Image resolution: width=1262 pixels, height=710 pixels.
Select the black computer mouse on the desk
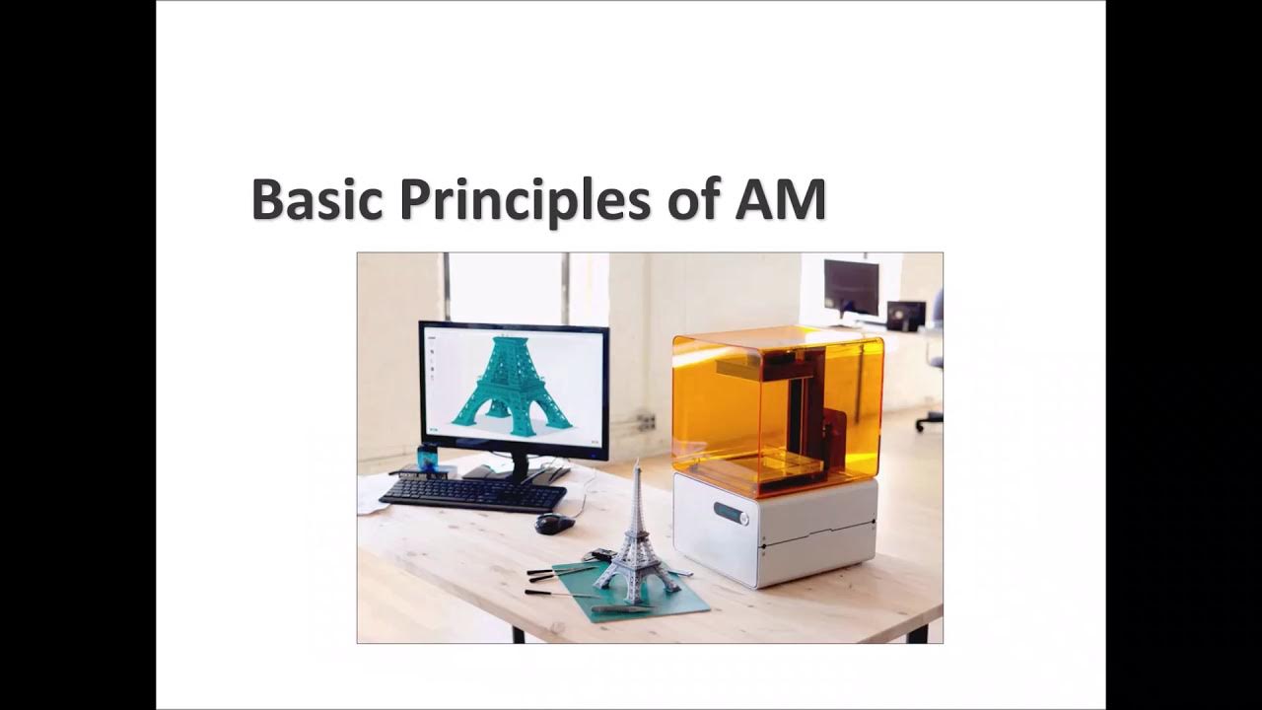pos(554,524)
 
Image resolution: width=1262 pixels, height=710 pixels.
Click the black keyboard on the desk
pos(473,493)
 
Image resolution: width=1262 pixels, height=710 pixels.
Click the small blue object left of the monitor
pos(428,457)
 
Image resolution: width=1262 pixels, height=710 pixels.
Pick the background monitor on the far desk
pos(851,287)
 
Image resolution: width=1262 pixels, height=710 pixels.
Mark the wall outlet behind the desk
pos(646,422)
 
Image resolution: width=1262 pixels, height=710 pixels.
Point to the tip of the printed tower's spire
pos(638,462)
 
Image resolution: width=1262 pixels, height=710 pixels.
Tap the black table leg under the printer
pos(916,632)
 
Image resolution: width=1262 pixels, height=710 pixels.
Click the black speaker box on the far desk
pos(905,315)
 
